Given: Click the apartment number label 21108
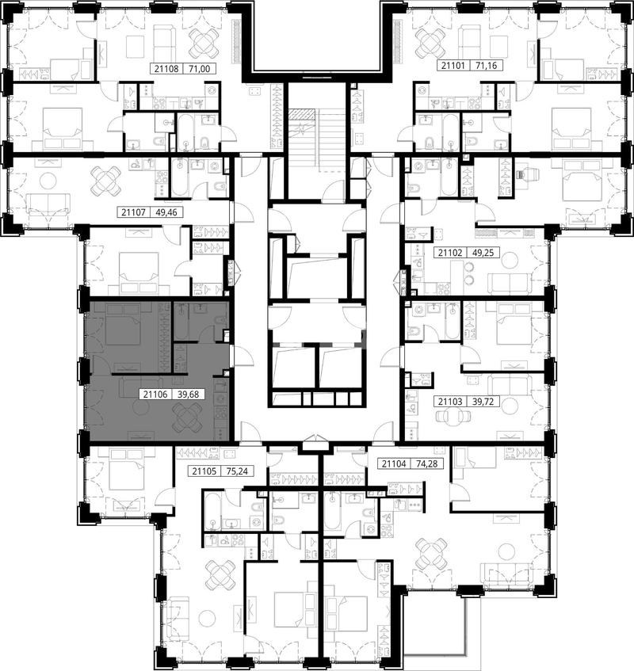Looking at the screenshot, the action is [166, 68].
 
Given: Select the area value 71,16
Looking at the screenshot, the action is [487, 66].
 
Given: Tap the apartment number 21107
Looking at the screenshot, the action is [133, 212].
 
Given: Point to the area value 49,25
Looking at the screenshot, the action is [483, 253].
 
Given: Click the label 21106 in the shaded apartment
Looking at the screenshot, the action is [155, 395].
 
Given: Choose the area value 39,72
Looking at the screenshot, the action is [483, 402].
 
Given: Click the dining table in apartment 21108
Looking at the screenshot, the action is [204, 42].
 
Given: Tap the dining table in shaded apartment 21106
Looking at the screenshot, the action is [187, 417].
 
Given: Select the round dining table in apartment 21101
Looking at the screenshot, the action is [430, 42].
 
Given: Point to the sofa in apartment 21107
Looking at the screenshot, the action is [48, 204].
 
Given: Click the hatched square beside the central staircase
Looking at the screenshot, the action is [302, 114].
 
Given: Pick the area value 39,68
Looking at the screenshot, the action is [189, 395].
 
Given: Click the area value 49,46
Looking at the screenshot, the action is [167, 212].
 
